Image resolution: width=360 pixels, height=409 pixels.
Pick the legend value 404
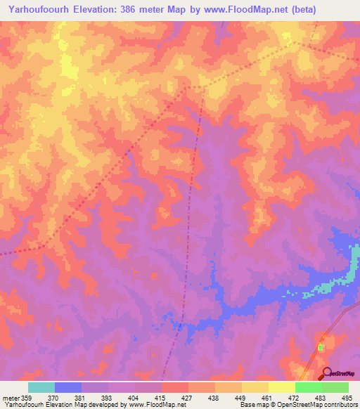[134, 398]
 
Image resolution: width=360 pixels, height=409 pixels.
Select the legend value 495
[348, 398]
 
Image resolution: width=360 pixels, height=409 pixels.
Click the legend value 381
[81, 398]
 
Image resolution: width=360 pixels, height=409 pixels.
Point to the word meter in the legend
[10, 398]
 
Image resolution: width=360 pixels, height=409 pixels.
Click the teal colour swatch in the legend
[41, 387]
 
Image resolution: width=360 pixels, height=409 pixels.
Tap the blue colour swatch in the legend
[67, 387]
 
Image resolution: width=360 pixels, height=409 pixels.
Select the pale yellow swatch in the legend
[281, 387]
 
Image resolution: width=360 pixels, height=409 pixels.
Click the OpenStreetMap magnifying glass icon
[325, 373]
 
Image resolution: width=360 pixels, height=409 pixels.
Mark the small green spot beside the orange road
[321, 347]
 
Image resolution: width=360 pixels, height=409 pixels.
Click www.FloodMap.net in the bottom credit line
[150, 405]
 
